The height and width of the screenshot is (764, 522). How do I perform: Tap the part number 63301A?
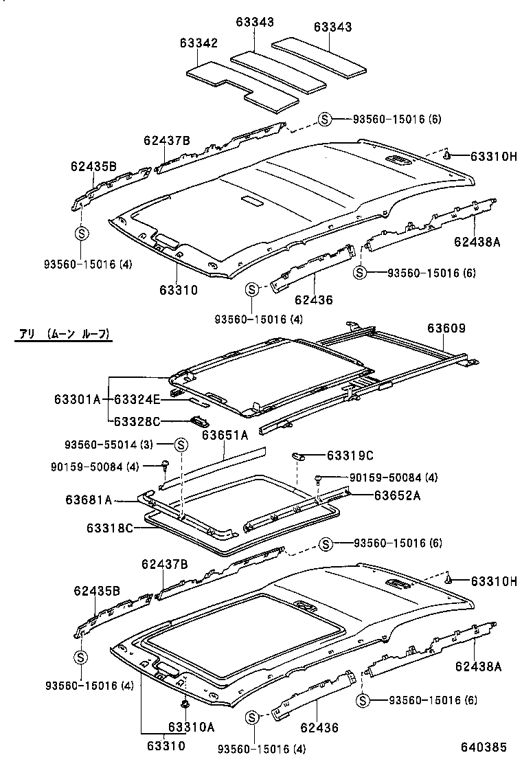tap(77, 399)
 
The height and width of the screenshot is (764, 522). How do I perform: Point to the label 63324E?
tap(137, 399)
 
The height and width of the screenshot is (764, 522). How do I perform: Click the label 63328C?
tap(137, 421)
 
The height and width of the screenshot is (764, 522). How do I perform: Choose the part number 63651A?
tap(225, 434)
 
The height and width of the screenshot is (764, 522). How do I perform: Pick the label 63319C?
tap(350, 455)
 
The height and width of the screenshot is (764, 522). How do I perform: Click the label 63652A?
tap(396, 495)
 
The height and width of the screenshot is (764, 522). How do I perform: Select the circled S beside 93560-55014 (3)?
tap(181, 445)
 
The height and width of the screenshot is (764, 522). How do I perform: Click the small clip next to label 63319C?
tap(300, 454)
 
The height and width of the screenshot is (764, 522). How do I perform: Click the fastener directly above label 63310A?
tap(185, 704)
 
